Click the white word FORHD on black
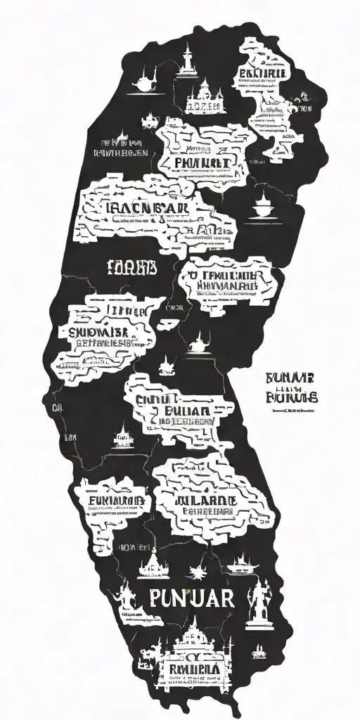(x=131, y=266)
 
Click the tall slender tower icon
(x=186, y=60)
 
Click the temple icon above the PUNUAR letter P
(x=152, y=563)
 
